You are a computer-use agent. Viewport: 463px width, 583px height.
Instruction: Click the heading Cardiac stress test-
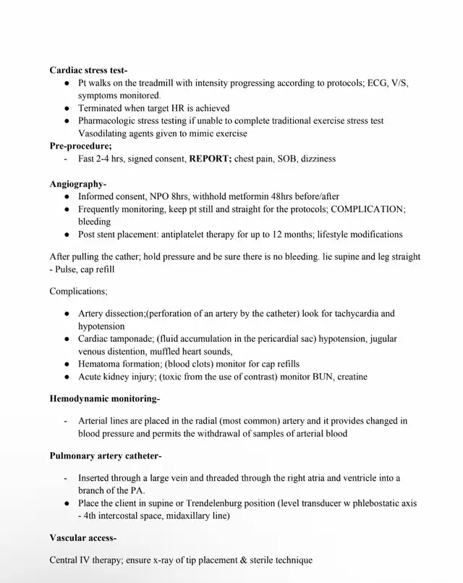[x=88, y=70]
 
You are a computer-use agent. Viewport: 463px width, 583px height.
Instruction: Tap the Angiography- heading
[x=77, y=184]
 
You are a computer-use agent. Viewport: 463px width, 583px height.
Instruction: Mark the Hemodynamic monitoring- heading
[x=105, y=398]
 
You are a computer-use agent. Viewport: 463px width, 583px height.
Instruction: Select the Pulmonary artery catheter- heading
[x=106, y=456]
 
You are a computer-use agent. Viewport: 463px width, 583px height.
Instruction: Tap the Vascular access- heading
[x=82, y=538]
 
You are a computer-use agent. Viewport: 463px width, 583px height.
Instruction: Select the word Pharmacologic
[x=111, y=121]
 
